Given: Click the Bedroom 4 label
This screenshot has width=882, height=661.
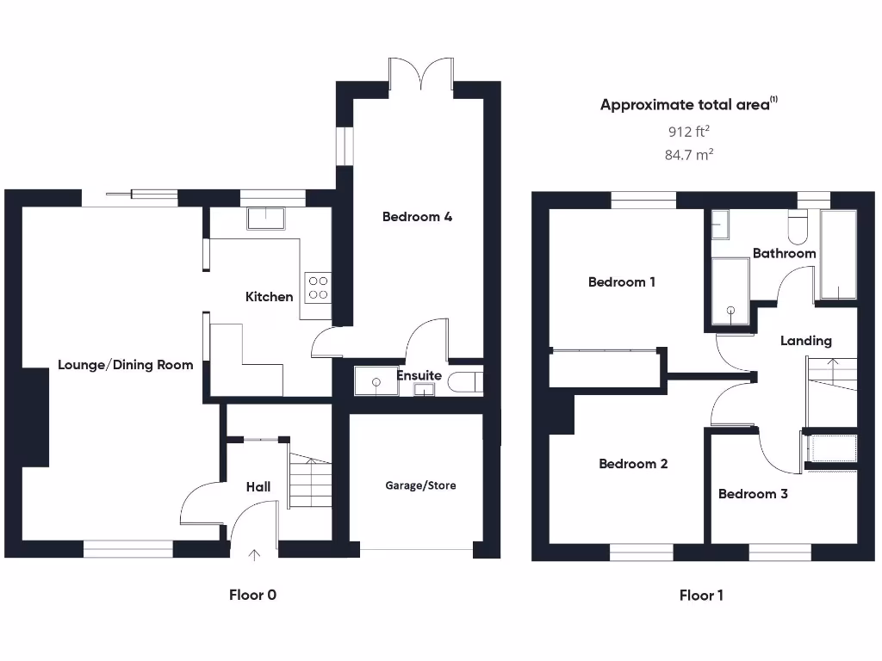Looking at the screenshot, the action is pos(417,217).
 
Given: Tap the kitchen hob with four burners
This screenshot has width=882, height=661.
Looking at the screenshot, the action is pos(318,287).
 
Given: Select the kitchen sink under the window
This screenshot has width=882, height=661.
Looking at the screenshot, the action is pos(266,218).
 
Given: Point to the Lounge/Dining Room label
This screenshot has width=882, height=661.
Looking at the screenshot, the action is pos(126,365).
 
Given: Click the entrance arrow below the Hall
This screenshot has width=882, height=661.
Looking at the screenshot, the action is pos(254,555).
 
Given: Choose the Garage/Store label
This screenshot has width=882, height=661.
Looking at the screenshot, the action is pos(420,485).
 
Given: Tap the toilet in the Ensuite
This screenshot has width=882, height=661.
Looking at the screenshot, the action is pos(465,382).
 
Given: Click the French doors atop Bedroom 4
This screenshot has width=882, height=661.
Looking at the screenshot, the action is pos(420,74).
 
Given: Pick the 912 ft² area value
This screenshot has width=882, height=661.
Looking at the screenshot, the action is pos(688,132).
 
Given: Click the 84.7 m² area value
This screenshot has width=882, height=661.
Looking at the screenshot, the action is pos(689,155).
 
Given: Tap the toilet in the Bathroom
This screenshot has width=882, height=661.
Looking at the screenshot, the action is pos(798,227).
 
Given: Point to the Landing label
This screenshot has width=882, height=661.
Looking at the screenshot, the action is pos(805,341).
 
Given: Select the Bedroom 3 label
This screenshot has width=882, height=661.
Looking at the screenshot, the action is pos(753,494).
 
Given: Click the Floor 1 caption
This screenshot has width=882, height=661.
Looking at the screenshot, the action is pos(701,596).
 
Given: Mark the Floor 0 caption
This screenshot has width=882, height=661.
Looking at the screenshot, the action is pos(252,596).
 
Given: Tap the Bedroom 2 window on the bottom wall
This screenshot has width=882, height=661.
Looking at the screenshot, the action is pos(641,552).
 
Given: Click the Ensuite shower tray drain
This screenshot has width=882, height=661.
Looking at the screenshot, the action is pos(376,382).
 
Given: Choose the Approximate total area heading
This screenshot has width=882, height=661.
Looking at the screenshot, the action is pos(688,104).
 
